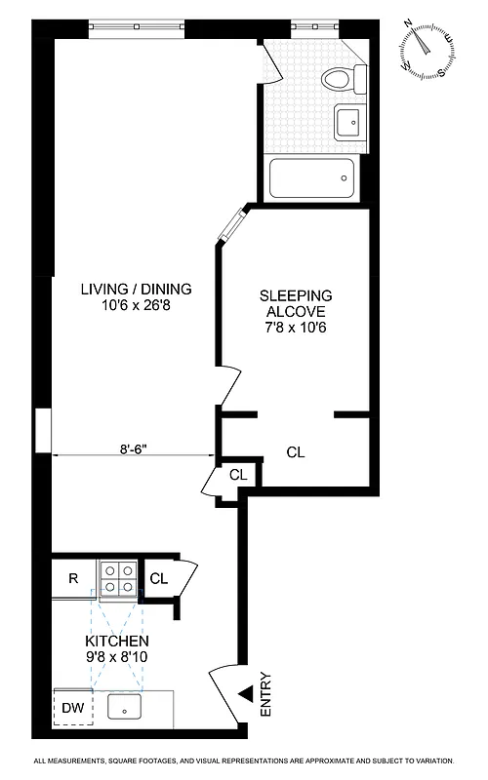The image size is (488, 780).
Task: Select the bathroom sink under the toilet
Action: [x=347, y=122]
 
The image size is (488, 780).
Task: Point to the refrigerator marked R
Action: [x=73, y=577]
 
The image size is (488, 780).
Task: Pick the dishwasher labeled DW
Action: [x=73, y=709]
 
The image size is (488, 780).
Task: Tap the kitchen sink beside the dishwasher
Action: [x=125, y=708]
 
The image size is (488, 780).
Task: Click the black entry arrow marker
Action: [x=245, y=694]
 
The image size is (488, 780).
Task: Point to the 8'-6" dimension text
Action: [x=135, y=448]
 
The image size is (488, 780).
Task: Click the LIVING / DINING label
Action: [x=136, y=289]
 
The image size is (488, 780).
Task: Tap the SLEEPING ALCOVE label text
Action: [x=296, y=302]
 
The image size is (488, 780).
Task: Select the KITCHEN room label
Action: [x=117, y=641]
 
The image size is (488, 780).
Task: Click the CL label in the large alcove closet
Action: [x=296, y=452]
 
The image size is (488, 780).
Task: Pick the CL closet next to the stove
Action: [x=159, y=577]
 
